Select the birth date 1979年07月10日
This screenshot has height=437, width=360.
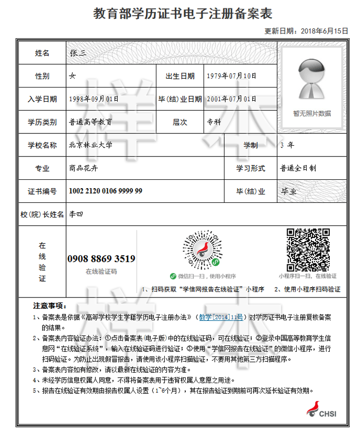(231, 76)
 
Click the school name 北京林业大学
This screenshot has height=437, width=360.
(91, 145)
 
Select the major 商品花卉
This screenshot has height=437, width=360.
(83, 168)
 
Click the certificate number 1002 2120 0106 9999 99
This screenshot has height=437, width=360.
(105, 191)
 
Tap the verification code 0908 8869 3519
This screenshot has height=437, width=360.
(102, 259)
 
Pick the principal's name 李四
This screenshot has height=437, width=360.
(76, 214)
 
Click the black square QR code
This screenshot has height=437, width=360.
(308, 248)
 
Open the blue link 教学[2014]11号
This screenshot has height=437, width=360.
(221, 317)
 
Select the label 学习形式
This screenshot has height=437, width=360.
(251, 168)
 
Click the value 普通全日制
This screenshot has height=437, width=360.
(298, 168)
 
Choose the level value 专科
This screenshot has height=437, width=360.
(214, 122)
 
